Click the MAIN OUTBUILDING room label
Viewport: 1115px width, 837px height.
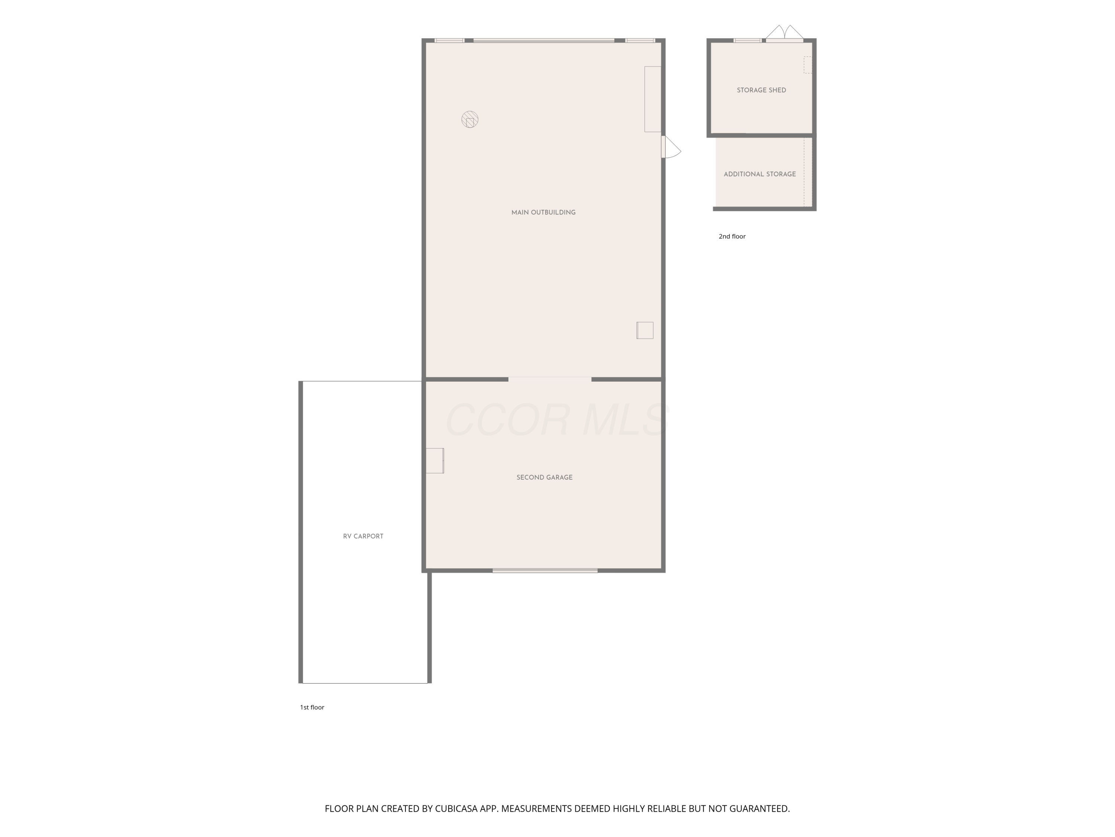point(543,212)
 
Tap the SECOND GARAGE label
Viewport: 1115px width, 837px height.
point(544,477)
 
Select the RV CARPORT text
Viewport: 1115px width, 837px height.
point(363,536)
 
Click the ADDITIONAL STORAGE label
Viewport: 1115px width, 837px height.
point(760,174)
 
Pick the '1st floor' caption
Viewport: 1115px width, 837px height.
point(312,707)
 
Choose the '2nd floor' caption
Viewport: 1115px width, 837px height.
point(732,236)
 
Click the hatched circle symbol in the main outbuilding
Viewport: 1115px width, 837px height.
point(470,119)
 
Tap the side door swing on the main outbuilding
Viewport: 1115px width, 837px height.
point(671,147)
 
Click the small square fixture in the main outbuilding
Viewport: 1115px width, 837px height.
point(645,330)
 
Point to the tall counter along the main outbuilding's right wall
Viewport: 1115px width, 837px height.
point(653,99)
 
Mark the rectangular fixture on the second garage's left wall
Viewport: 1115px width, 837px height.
point(434,461)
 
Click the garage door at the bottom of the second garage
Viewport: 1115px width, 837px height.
point(545,571)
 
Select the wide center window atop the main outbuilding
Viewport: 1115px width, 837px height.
point(543,40)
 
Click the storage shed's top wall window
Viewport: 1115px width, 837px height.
point(747,40)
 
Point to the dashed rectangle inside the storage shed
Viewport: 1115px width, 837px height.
point(808,65)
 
